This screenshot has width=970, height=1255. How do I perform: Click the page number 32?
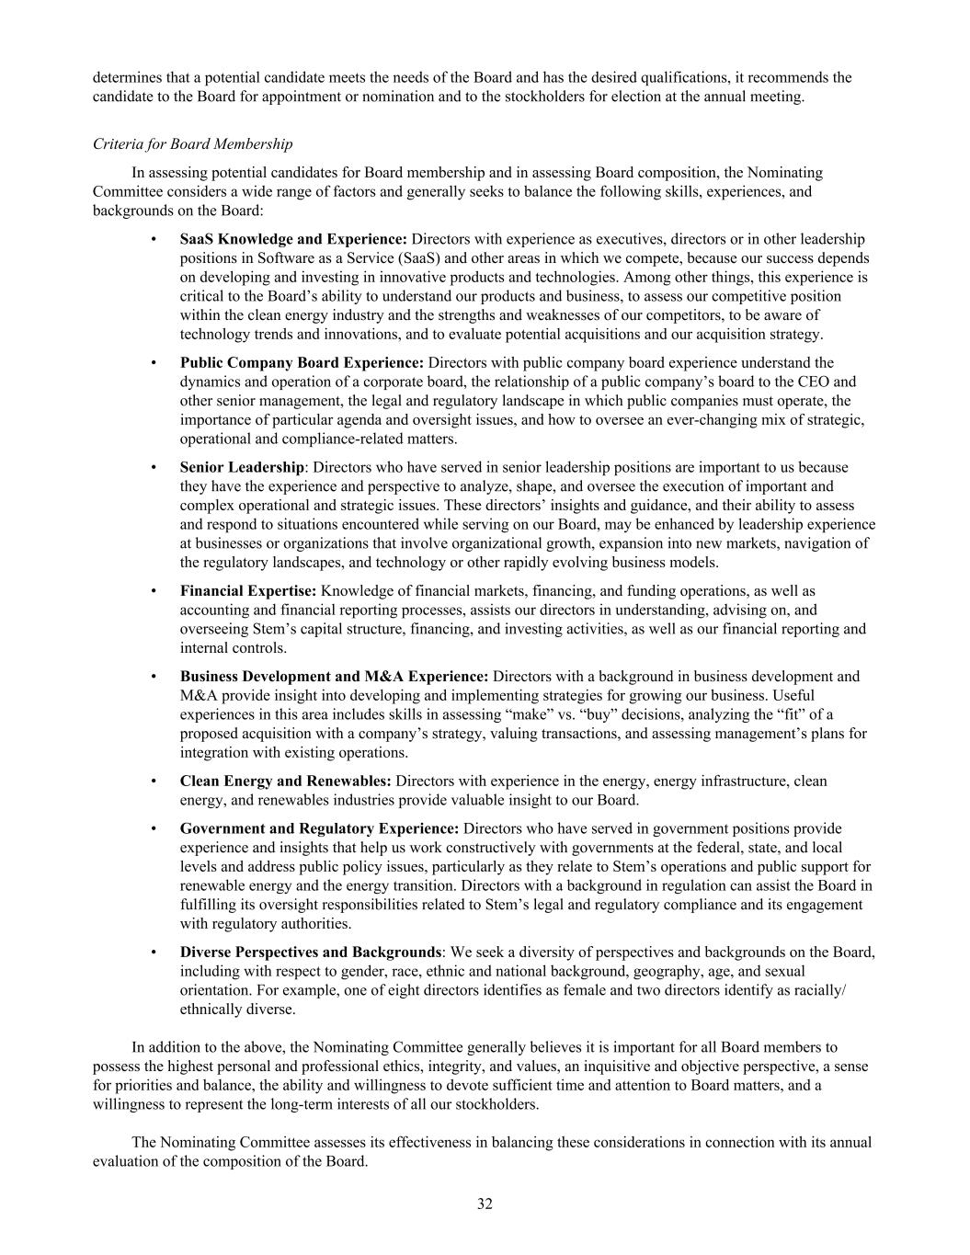click(485, 1204)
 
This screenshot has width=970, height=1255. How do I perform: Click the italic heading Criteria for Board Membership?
click(193, 143)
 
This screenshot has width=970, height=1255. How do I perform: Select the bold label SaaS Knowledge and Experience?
click(293, 239)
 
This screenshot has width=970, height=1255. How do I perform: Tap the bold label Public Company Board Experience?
click(302, 362)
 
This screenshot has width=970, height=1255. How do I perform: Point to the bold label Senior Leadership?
click(242, 467)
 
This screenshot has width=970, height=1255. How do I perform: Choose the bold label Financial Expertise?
click(248, 590)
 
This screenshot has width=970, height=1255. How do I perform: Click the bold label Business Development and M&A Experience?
click(334, 676)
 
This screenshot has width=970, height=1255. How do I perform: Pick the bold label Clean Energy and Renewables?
click(286, 781)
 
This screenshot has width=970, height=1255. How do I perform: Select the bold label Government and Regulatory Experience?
click(319, 828)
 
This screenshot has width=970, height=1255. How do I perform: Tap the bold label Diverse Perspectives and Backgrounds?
click(311, 952)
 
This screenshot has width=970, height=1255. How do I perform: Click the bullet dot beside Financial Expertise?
click(153, 590)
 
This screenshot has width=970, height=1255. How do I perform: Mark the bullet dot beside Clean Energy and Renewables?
click(153, 781)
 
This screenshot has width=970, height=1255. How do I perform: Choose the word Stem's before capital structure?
click(276, 629)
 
